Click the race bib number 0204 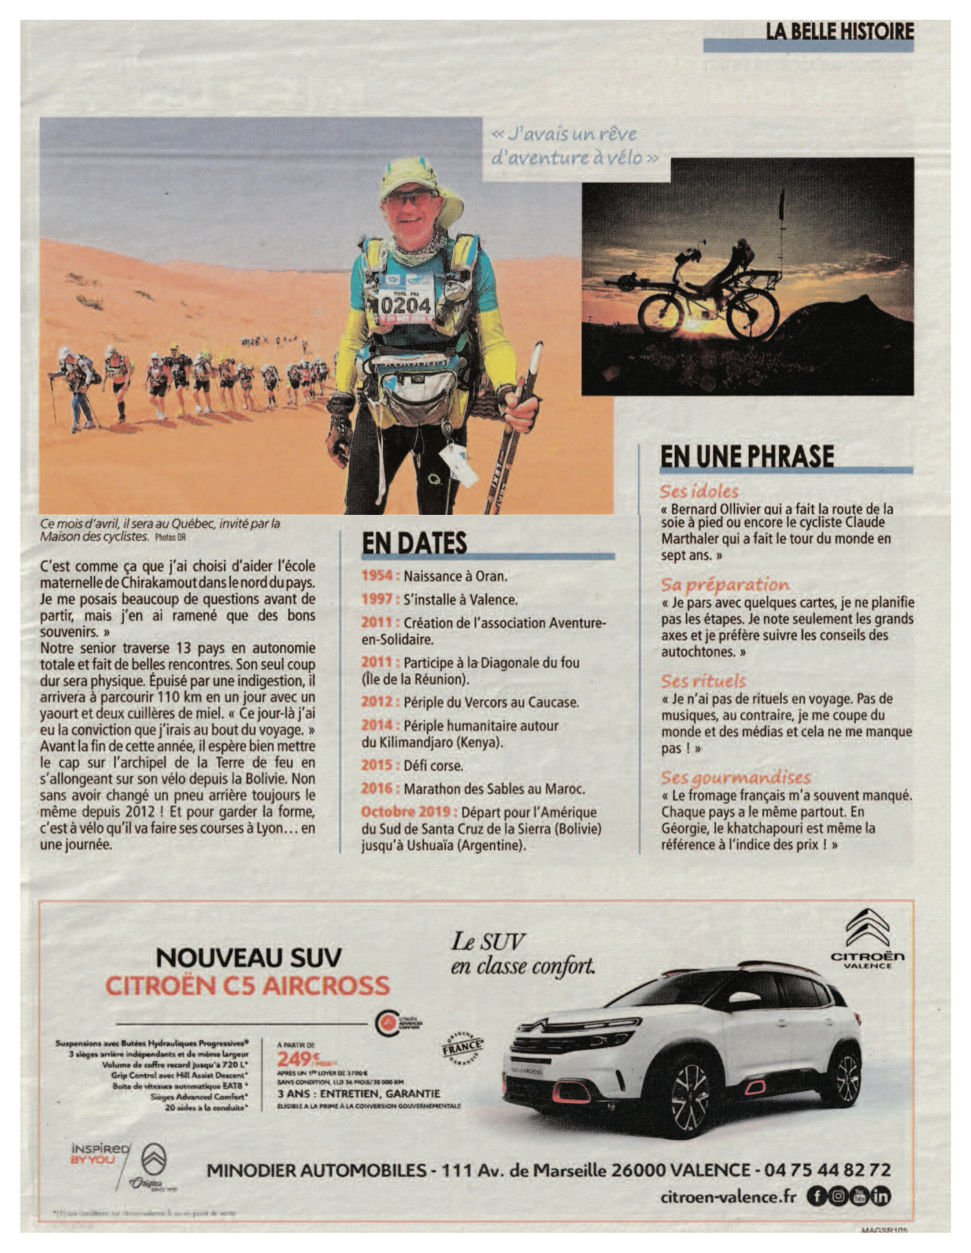point(406,303)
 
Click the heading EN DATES point(414,542)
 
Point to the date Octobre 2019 point(408,812)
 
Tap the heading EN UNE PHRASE point(747,456)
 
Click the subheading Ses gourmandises point(735,778)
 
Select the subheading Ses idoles point(699,491)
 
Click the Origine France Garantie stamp point(463,1048)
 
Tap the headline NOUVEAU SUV point(248,957)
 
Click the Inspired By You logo point(99,1154)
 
